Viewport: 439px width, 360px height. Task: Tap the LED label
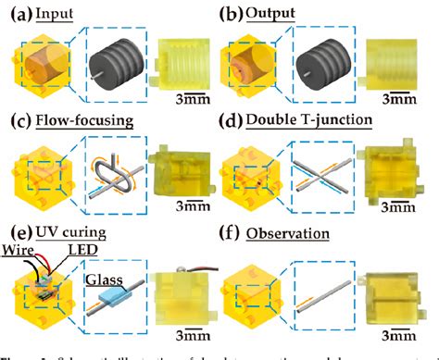click(67, 252)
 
